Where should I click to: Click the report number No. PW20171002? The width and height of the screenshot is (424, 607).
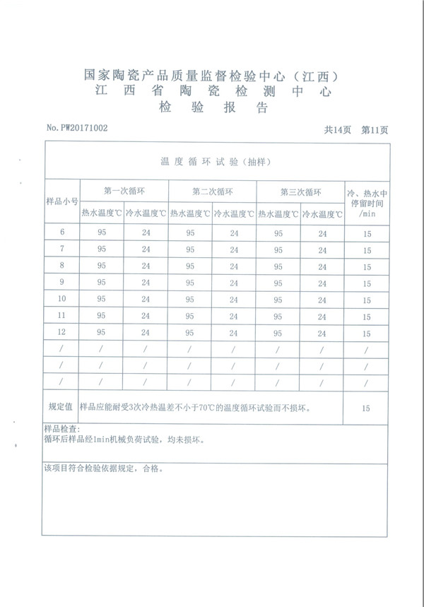pos(77,128)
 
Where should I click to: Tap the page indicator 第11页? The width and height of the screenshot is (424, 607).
pos(375,130)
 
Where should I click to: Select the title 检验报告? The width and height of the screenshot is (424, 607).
pos(213,108)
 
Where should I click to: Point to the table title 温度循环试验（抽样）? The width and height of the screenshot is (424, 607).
pos(216,162)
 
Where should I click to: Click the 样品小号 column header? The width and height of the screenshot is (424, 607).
pos(62,201)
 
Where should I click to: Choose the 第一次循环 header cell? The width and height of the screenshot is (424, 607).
pos(124,191)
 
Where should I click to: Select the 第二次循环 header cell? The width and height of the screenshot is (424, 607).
pos(212,191)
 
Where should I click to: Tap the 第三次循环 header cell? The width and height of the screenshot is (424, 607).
pos(300,191)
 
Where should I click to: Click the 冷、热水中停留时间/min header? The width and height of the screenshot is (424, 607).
pos(366,201)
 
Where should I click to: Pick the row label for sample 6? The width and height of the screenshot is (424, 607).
pos(62,232)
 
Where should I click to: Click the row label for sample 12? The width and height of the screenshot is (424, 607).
pos(62,332)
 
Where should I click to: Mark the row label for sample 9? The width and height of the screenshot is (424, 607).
pos(62,283)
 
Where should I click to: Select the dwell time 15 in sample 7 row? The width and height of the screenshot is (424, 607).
pos(367,250)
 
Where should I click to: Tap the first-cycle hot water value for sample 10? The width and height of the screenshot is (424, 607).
pos(102,299)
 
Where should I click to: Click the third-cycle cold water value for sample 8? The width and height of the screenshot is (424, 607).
pos(322,266)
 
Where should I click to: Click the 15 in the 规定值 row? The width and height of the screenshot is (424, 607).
pos(365,408)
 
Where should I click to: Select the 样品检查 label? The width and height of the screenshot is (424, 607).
pos(62,429)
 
